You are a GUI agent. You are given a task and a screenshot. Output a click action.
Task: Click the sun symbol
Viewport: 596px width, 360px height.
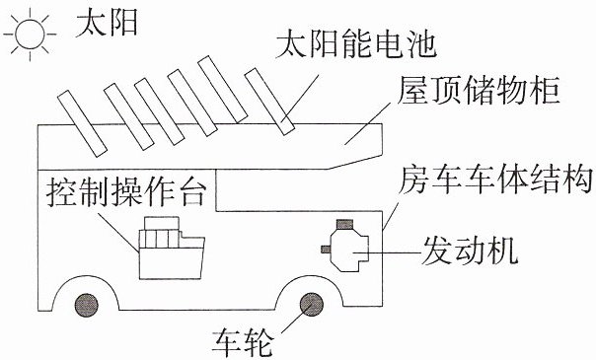pyautogui.click(x=30, y=34)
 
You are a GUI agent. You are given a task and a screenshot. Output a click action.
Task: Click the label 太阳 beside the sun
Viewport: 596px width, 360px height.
pyautogui.click(x=107, y=23)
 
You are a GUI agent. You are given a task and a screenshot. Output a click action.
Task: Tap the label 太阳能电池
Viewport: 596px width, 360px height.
pyautogui.click(x=356, y=43)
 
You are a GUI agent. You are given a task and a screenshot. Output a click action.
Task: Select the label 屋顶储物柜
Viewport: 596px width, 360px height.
pyautogui.click(x=479, y=90)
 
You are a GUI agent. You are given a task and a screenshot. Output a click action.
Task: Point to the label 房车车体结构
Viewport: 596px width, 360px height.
pyautogui.click(x=496, y=179)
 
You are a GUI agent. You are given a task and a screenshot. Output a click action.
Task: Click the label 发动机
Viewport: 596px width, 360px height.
pyautogui.click(x=470, y=251)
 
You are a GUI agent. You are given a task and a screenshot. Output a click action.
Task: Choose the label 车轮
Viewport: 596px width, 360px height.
pyautogui.click(x=243, y=343)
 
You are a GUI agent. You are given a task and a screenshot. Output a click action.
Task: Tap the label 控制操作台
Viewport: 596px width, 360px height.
pyautogui.click(x=126, y=192)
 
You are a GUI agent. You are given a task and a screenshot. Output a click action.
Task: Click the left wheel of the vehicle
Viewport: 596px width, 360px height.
pyautogui.click(x=87, y=305)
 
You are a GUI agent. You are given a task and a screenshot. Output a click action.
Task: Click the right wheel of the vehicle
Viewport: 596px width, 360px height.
pyautogui.click(x=312, y=305)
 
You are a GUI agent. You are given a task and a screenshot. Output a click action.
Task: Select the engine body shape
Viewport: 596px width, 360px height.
pyautogui.click(x=349, y=250)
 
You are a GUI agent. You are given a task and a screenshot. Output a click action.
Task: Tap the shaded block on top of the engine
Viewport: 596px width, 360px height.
pyautogui.click(x=344, y=225)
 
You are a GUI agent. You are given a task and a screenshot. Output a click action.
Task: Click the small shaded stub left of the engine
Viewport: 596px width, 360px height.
pyautogui.click(x=326, y=250)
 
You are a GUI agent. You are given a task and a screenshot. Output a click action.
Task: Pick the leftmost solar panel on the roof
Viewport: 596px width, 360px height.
pyautogui.click(x=82, y=123)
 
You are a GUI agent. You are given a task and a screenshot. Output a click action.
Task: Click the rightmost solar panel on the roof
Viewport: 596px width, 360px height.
pyautogui.click(x=269, y=102)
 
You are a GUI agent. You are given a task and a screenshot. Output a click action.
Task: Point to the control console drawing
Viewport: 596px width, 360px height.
pyautogui.click(x=172, y=248)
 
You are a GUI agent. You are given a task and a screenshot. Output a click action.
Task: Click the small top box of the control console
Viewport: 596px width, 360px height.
pyautogui.click(x=162, y=223)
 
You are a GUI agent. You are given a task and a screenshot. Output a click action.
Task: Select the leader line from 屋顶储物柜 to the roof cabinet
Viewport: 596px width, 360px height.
pyautogui.click(x=368, y=123)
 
